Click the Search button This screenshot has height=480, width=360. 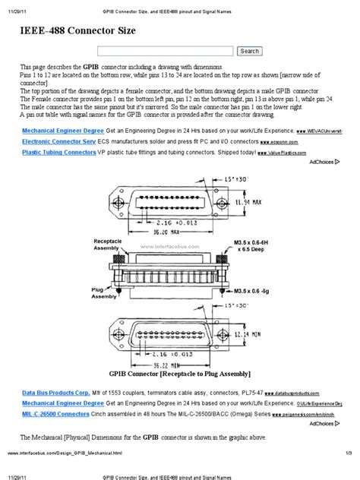point(249,51)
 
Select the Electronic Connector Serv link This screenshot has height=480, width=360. point(58,141)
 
